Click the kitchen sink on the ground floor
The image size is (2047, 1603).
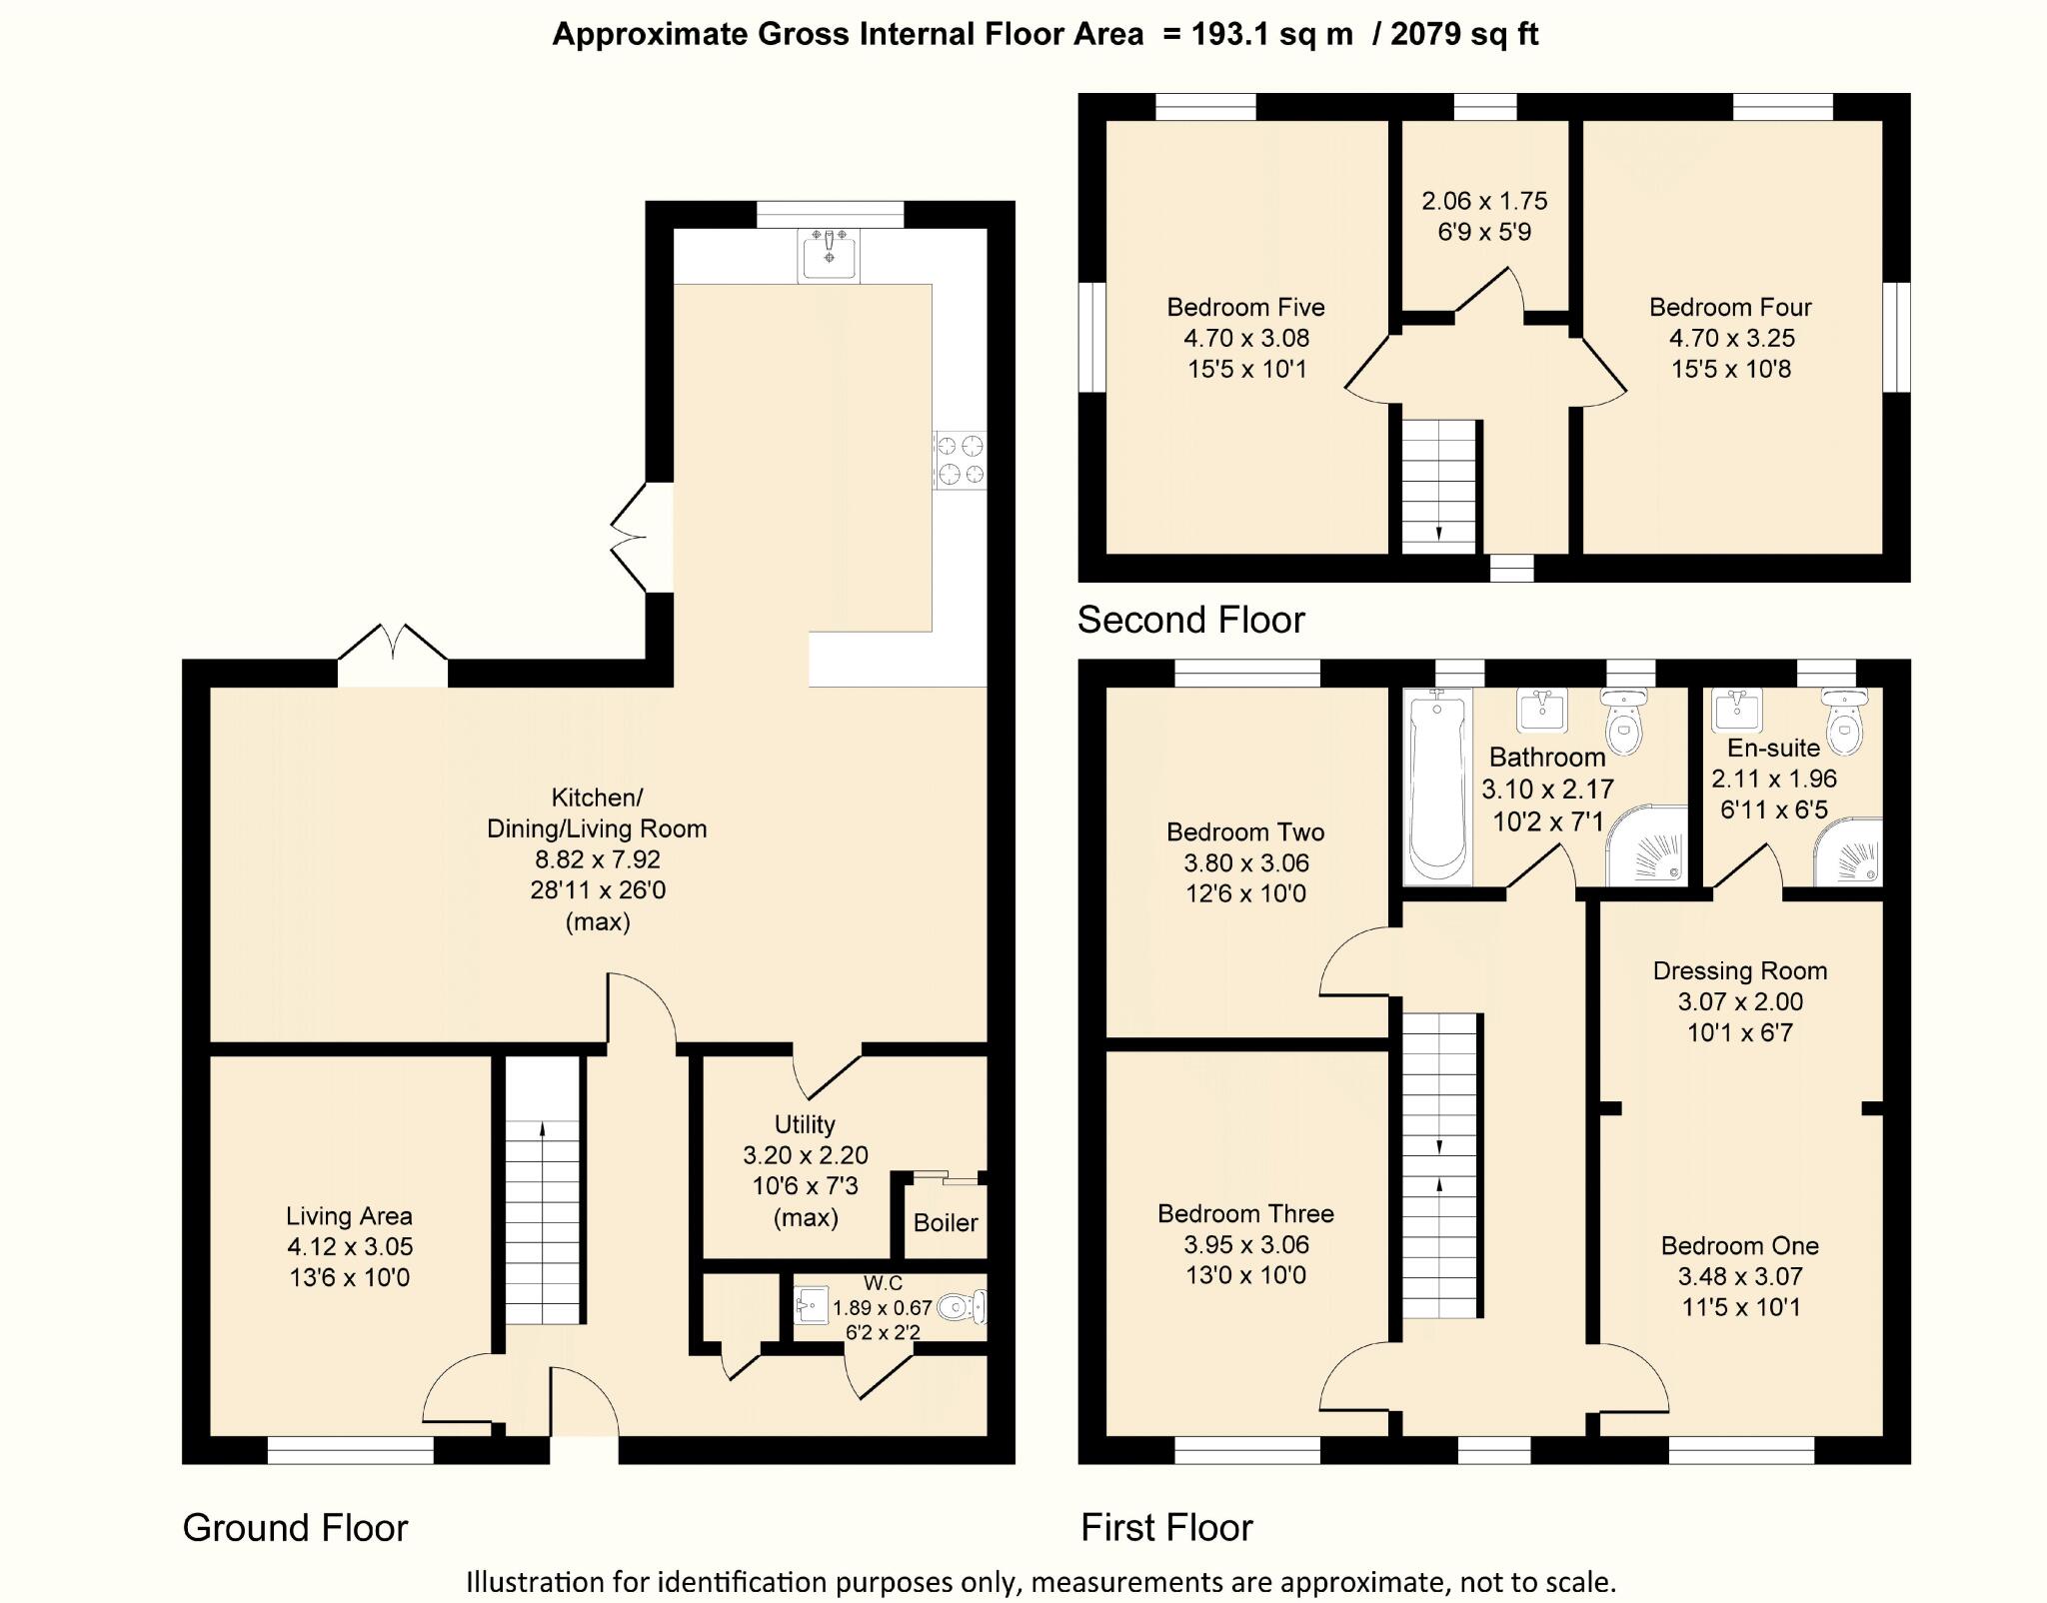(829, 255)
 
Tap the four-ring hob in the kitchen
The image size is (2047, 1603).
(961, 460)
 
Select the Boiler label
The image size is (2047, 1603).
(946, 1222)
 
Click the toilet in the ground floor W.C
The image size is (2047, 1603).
(964, 1306)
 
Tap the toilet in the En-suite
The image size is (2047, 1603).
(1844, 723)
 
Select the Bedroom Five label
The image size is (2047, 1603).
(1245, 307)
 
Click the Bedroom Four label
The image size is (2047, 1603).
(1730, 307)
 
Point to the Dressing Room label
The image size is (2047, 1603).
(1740, 970)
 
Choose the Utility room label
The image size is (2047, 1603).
(805, 1124)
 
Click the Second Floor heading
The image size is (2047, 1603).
(1191, 620)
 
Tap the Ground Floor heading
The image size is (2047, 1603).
(296, 1528)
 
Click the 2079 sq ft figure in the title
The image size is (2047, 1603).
(1464, 34)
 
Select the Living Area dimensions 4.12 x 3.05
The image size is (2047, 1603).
(350, 1246)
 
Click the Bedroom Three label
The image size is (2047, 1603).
(1245, 1213)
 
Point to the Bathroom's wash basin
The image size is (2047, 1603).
(1542, 711)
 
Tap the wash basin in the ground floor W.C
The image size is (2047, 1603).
(811, 1305)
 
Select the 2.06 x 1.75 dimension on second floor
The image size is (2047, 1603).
(1484, 201)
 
